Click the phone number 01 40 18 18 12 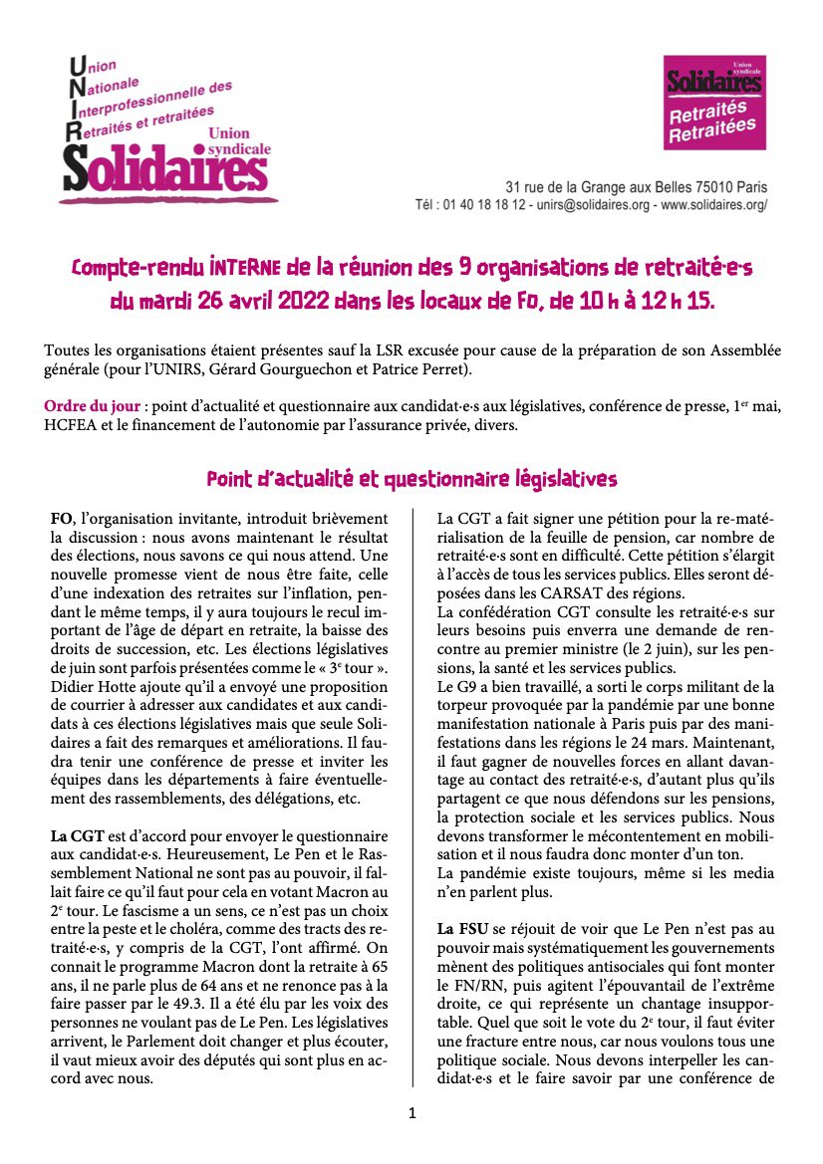pos(482,205)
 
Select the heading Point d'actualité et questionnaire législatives pos(411,479)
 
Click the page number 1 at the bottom pos(411,1112)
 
